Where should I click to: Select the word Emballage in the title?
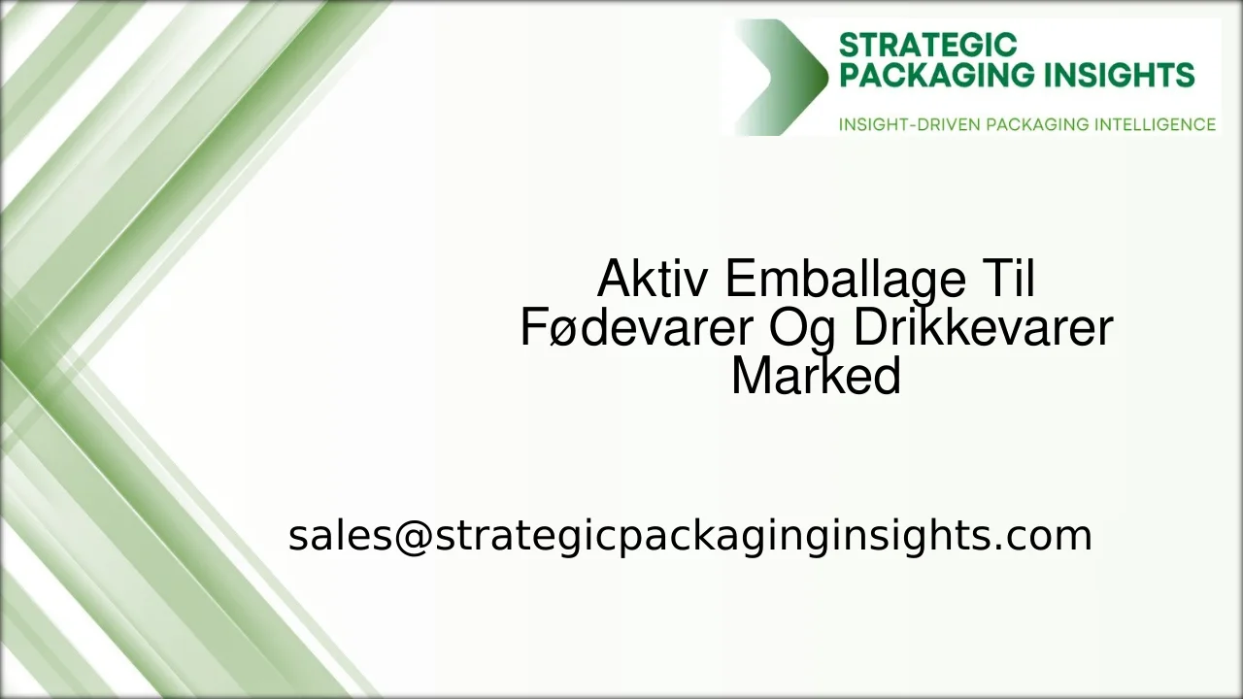845,280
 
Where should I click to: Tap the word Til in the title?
1007,280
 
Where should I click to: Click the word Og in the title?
795,328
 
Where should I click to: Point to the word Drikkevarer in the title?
983,327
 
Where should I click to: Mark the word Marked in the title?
816,376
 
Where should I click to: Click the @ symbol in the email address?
412,536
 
